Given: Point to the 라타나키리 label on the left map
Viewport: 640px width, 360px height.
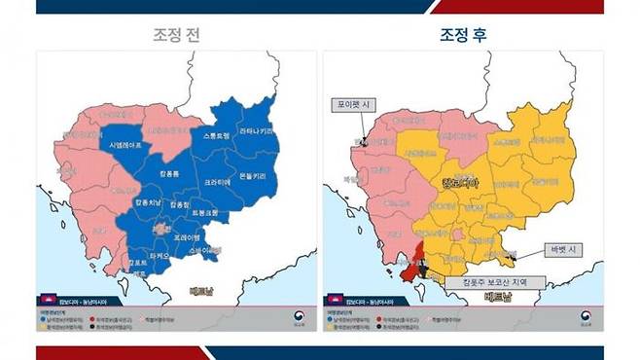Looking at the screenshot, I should [x=256, y=131].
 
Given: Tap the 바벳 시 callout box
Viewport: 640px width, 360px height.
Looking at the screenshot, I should [x=563, y=251].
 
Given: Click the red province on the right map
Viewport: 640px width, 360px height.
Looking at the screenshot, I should [x=411, y=265].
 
